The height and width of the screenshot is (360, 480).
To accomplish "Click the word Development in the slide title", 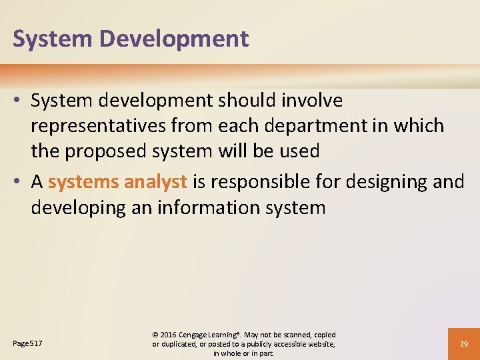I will pos(174,39).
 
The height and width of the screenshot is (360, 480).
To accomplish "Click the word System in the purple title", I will pos(53,39).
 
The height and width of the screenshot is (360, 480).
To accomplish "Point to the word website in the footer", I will pos(320,344).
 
